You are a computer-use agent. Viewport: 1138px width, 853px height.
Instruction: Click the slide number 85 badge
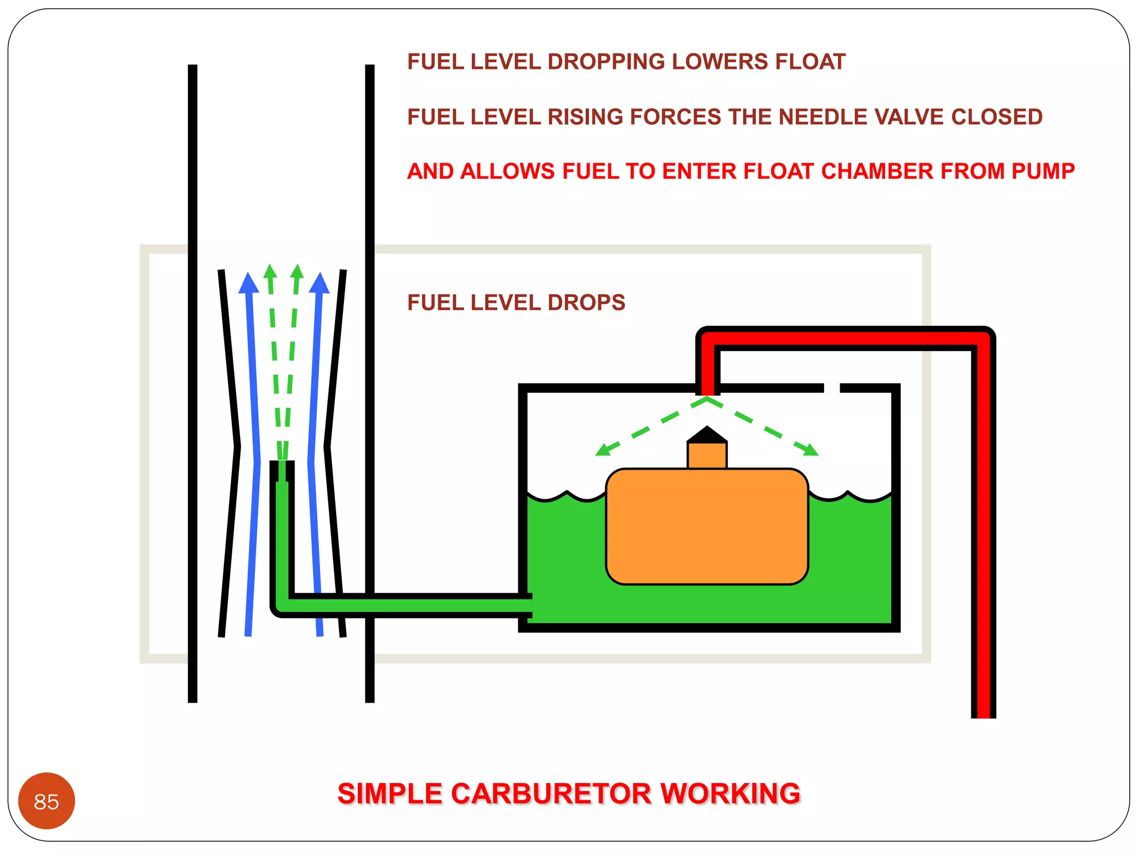point(46,801)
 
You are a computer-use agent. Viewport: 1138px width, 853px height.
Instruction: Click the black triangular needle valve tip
point(707,435)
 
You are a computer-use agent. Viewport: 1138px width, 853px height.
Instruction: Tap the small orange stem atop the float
point(707,455)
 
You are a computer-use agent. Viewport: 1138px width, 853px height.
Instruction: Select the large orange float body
point(707,526)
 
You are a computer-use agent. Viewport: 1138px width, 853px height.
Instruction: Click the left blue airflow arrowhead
point(248,283)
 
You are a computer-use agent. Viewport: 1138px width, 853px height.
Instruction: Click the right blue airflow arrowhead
point(320,283)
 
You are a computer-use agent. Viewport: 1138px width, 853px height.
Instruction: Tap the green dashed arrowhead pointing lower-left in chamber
point(603,449)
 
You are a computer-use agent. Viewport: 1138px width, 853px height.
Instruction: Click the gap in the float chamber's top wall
point(831,388)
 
